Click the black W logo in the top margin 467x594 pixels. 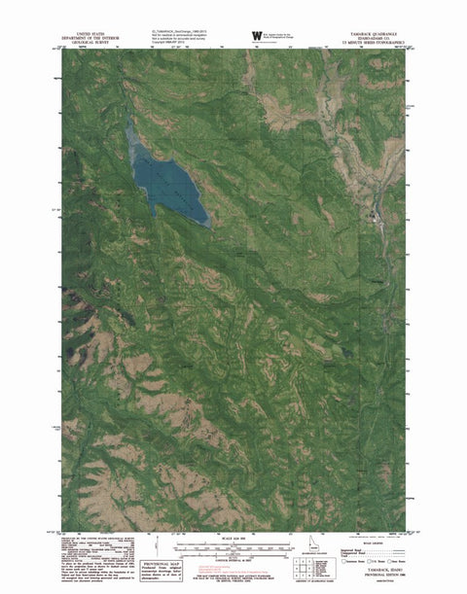[257, 37]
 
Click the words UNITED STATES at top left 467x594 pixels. [87, 30]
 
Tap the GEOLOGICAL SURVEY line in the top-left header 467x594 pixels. [87, 43]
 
